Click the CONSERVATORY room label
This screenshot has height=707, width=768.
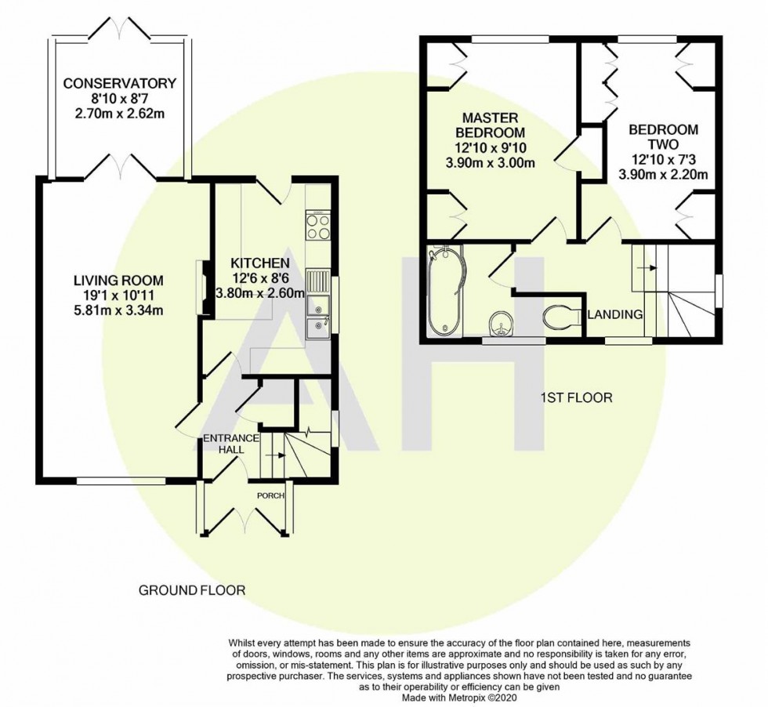click(119, 83)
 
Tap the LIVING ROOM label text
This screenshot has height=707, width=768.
click(118, 281)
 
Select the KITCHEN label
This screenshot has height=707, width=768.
click(260, 263)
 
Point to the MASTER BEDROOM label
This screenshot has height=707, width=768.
click(491, 125)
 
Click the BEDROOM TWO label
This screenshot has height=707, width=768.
click(664, 137)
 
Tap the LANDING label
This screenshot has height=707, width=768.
click(614, 314)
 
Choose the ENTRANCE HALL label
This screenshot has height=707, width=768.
click(231, 444)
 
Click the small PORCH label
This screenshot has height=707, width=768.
click(270, 495)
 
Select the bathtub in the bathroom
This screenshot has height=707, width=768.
click(445, 292)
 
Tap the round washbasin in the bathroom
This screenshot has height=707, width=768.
click(501, 324)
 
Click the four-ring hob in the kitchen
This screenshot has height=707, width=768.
click(318, 225)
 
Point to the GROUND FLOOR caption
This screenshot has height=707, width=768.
click(192, 590)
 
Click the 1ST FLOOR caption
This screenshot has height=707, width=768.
click(577, 397)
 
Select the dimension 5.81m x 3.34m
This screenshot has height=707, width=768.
click(118, 310)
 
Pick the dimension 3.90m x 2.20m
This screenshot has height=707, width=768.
click(664, 174)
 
